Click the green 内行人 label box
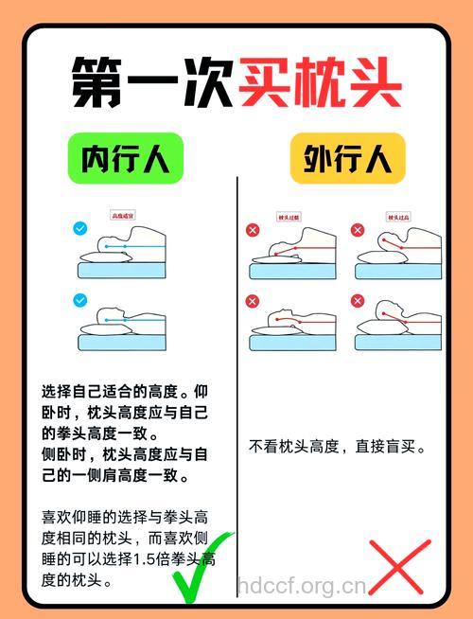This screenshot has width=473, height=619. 124,158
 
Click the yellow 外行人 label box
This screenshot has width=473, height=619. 347,158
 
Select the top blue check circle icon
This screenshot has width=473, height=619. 80,228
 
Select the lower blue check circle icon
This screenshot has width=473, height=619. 80,300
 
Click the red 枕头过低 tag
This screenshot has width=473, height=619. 289,217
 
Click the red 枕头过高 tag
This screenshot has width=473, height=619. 397,217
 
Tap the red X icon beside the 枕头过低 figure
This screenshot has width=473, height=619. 253,230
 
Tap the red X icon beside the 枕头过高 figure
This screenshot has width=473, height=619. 358,230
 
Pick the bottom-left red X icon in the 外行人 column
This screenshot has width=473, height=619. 253,301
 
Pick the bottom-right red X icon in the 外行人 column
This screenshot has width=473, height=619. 358,301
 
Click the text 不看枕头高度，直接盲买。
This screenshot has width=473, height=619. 338,446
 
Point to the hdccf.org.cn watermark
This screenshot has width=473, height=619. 301,585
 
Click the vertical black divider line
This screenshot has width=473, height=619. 236,379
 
